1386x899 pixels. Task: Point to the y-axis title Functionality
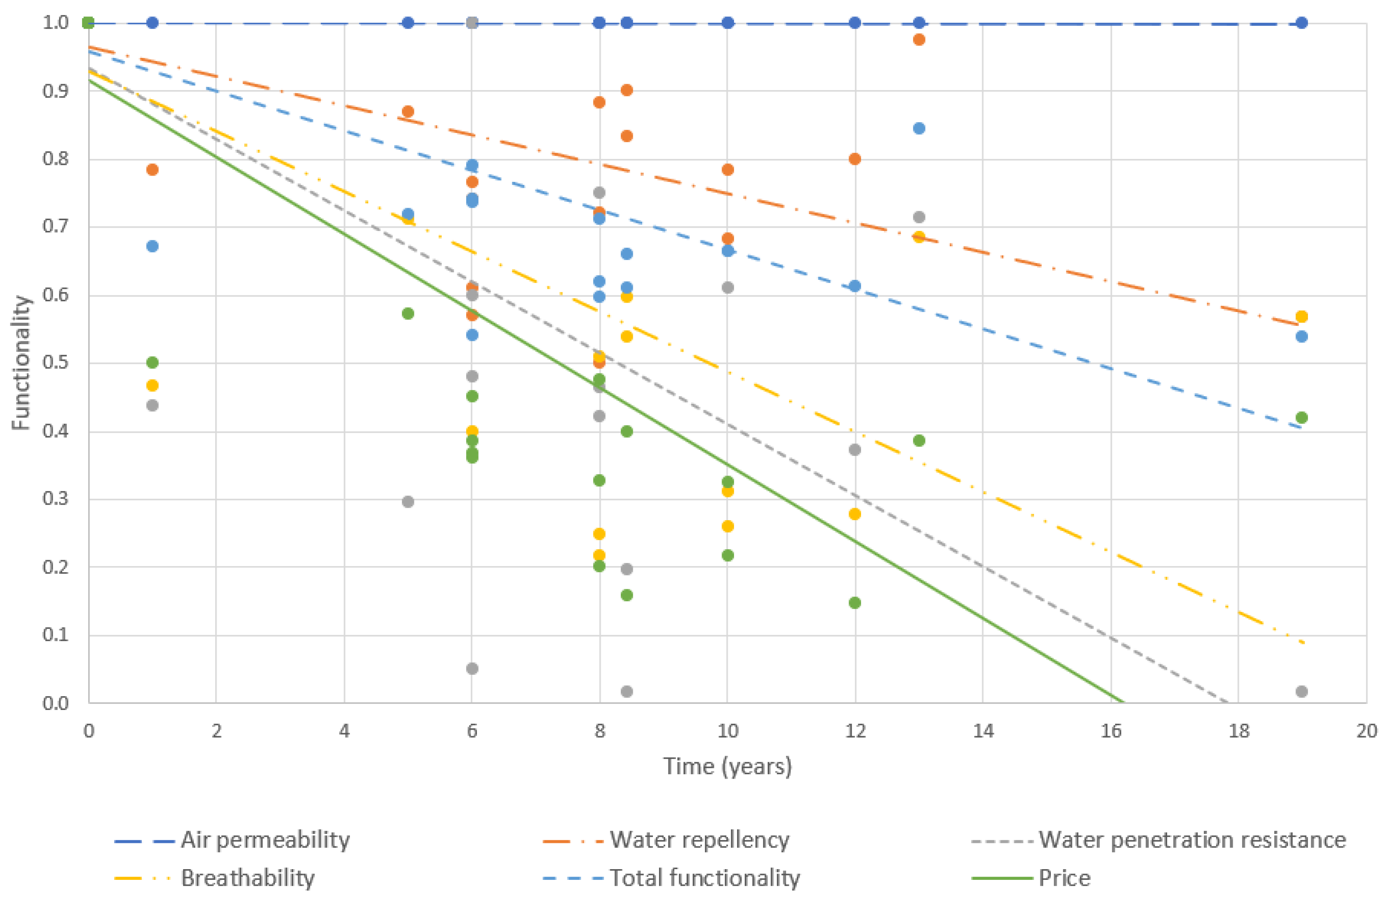21,363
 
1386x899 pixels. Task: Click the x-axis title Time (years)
727,766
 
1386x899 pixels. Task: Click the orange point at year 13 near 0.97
919,40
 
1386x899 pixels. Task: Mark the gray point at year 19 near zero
1302,691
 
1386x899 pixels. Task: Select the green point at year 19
1302,418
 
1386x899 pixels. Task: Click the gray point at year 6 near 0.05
472,669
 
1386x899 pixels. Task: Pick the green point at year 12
855,603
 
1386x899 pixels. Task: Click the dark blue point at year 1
152,23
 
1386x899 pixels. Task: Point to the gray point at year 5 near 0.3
408,501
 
